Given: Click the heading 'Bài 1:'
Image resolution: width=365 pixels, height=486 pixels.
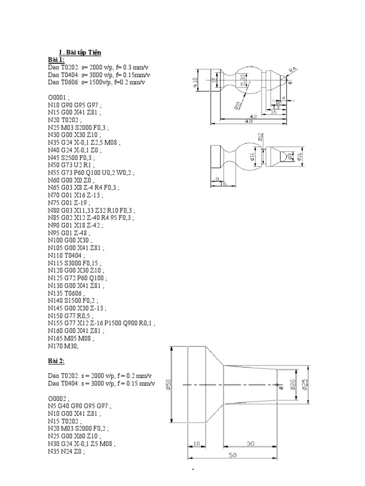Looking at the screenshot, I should click(x=56, y=59).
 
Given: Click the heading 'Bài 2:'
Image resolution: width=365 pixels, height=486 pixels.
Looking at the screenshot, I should click(x=56, y=362).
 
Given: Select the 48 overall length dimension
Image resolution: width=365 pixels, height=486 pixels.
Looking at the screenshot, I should click(x=248, y=122).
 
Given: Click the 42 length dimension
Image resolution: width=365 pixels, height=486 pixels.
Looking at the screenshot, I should click(x=253, y=116).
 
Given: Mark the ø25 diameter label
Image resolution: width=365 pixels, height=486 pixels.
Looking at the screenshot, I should click(x=305, y=384).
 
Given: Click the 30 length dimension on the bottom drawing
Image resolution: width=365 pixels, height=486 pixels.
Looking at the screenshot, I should click(x=251, y=443).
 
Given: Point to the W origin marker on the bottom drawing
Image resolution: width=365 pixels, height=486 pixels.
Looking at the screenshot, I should click(x=280, y=388).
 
